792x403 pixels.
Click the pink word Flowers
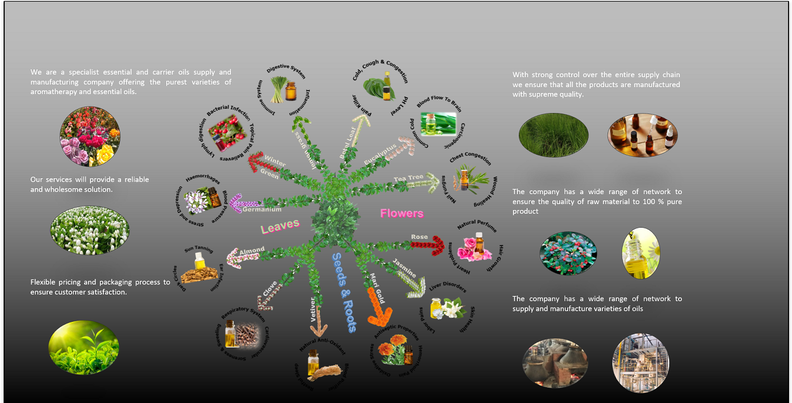click(402, 213)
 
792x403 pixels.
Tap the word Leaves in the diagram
click(280, 225)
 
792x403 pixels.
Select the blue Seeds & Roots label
click(344, 292)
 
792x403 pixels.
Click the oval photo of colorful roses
click(90, 136)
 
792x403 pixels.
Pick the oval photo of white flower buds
click(90, 230)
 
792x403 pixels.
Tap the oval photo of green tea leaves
click(83, 348)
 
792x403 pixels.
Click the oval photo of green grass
click(553, 135)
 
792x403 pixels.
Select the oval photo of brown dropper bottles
click(642, 135)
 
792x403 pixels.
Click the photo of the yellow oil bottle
click(641, 254)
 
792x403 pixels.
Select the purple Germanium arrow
click(241, 204)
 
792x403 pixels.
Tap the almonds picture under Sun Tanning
click(197, 274)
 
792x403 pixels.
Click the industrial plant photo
click(640, 363)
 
